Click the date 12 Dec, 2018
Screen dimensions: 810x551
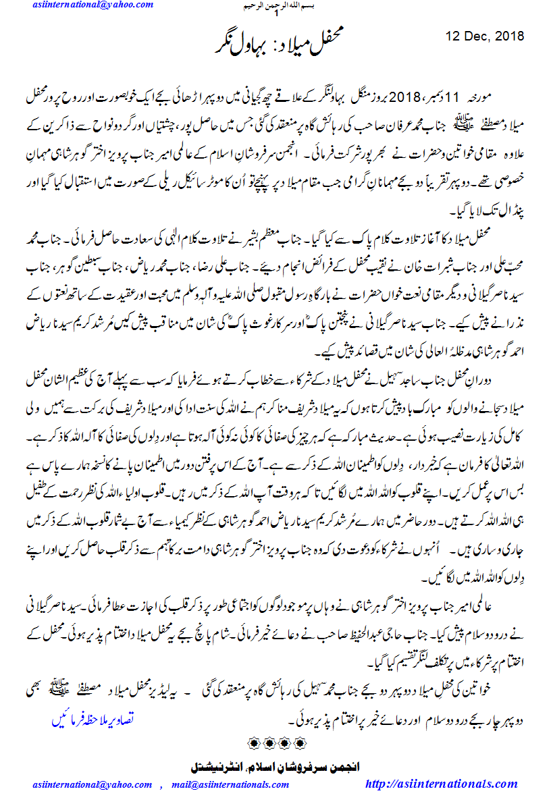coord(486,36)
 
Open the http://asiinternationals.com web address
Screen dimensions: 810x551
coord(441,784)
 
